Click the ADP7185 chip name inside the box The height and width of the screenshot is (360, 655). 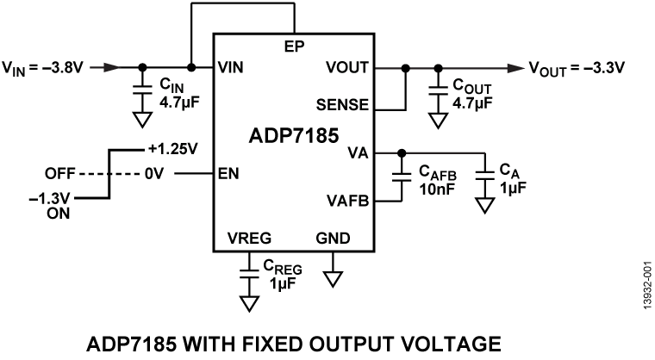(293, 137)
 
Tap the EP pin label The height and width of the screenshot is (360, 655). (293, 44)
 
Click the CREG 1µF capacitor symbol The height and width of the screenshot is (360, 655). (249, 274)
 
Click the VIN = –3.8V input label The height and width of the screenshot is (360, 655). (44, 66)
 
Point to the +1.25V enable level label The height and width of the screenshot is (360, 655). (172, 147)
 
